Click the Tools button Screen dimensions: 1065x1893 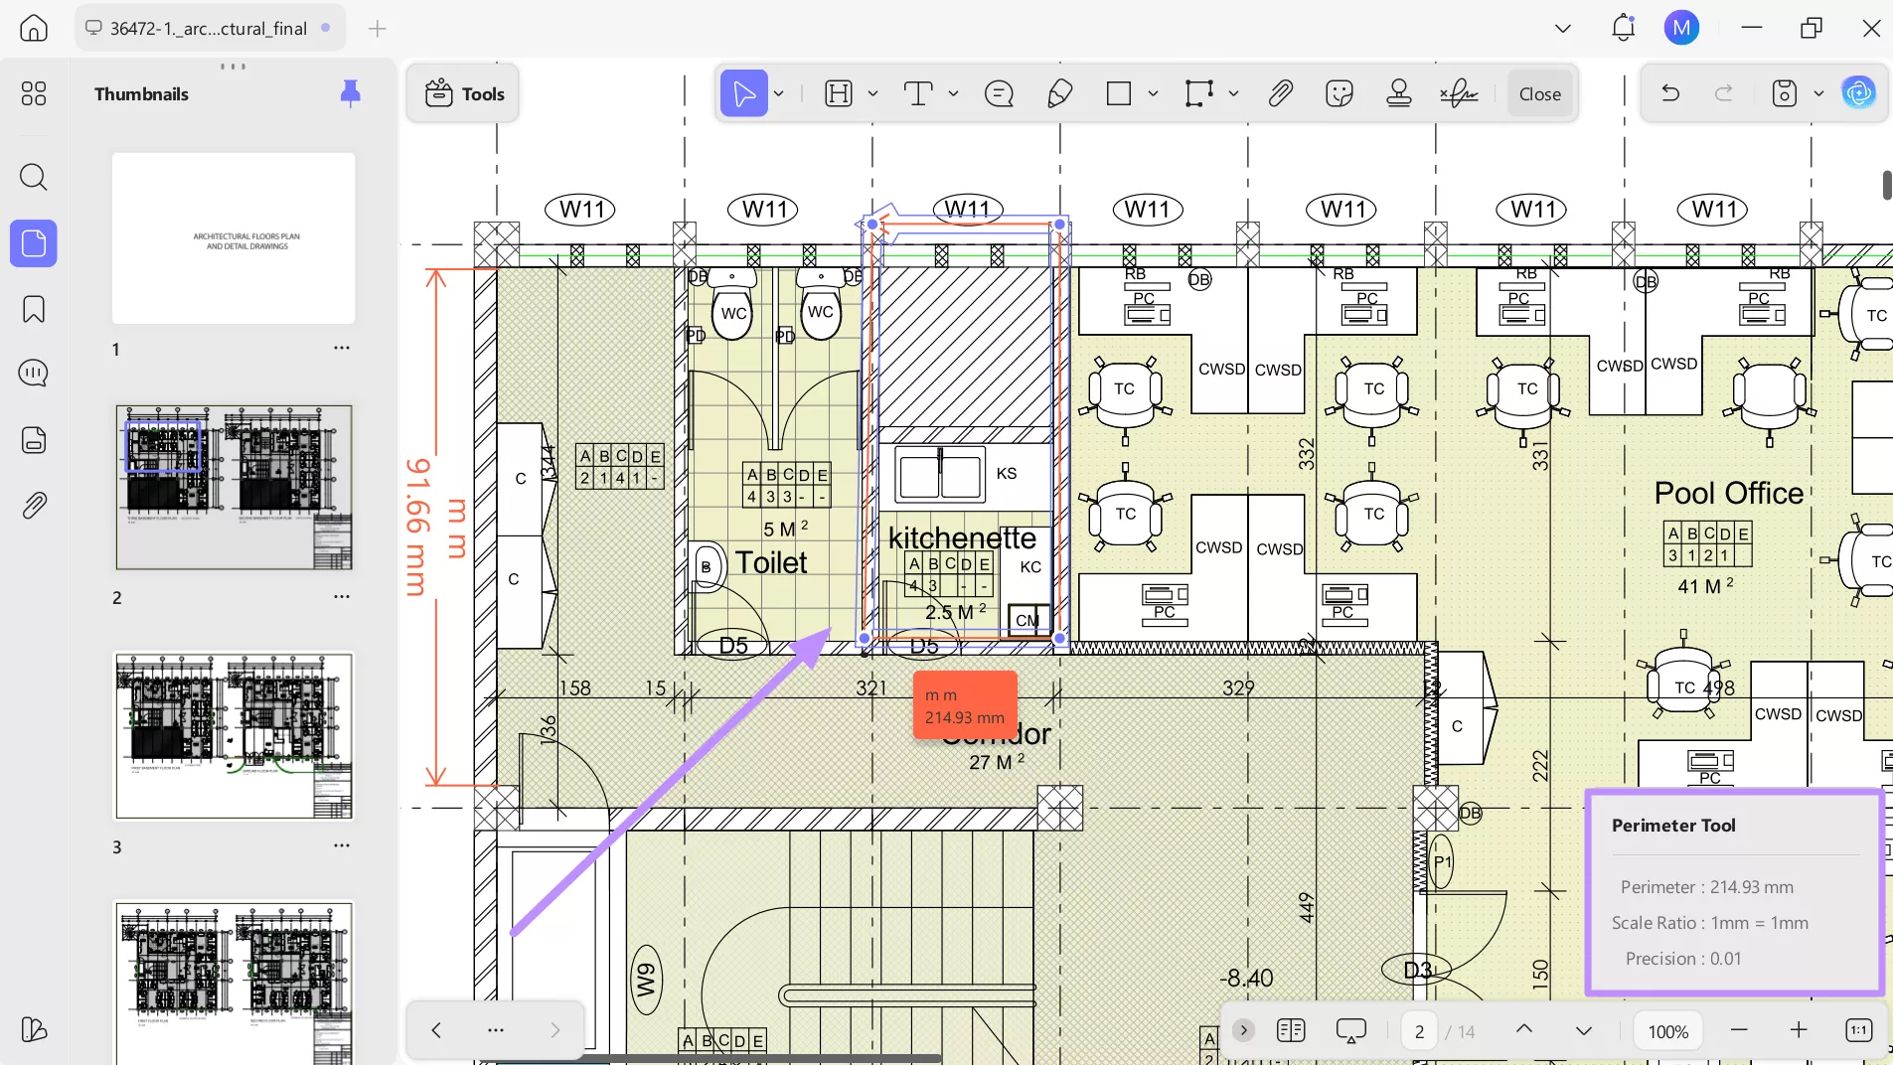click(464, 94)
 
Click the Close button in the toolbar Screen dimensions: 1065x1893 click(1539, 94)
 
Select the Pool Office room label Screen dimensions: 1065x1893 click(1728, 493)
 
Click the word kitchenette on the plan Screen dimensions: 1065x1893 click(961, 537)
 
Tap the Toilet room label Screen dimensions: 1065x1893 click(771, 562)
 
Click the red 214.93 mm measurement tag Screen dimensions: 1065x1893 click(965, 706)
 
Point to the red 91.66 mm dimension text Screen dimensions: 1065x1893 click(419, 527)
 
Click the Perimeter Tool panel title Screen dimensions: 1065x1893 click(1673, 826)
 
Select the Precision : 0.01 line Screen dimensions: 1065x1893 click(1682, 959)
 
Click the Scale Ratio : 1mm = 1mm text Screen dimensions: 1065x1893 click(1709, 923)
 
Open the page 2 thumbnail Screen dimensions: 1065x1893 click(234, 487)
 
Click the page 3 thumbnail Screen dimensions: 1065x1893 click(234, 735)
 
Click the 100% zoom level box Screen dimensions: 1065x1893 click(1667, 1031)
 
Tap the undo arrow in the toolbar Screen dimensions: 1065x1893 click(1670, 94)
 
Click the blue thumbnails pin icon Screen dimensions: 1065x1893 click(350, 93)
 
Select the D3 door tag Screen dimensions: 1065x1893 click(1417, 970)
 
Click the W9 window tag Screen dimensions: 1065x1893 click(646, 981)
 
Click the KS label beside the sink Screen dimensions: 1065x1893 click(1007, 474)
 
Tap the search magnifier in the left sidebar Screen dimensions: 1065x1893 click(34, 178)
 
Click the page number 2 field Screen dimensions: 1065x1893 click(1419, 1031)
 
